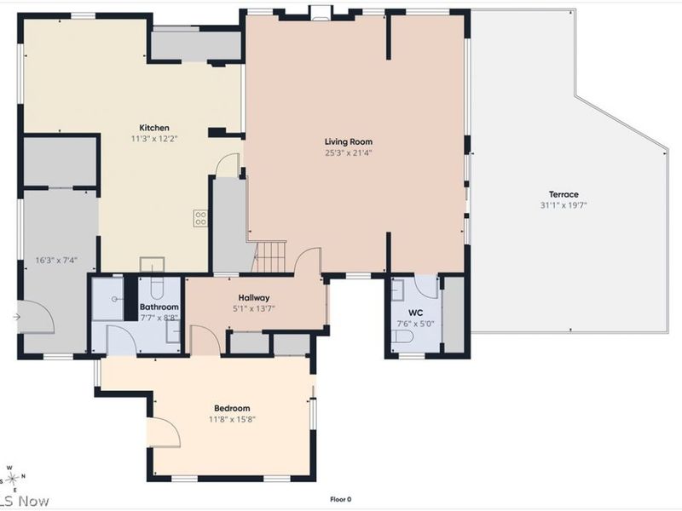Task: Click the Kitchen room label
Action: (x=154, y=128)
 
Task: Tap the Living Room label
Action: (x=349, y=141)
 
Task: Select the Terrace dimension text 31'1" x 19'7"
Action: (x=564, y=205)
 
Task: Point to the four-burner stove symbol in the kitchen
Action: (x=200, y=218)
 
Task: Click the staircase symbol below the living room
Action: (x=270, y=257)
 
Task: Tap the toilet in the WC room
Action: (x=402, y=336)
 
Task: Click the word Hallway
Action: (x=254, y=298)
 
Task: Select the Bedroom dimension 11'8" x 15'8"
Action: (x=232, y=419)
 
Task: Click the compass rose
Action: (x=12, y=478)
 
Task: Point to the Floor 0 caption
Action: (x=340, y=499)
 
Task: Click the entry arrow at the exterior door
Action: (x=16, y=317)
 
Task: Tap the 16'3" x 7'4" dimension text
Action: (x=56, y=261)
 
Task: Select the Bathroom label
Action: (x=159, y=307)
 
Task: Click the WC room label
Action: (x=415, y=313)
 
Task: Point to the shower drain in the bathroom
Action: (x=114, y=299)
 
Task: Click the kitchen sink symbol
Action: (x=153, y=264)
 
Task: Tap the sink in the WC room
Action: (x=397, y=290)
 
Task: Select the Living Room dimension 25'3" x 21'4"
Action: (x=349, y=153)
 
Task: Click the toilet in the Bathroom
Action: (x=157, y=286)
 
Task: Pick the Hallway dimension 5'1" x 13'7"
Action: (x=254, y=309)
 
